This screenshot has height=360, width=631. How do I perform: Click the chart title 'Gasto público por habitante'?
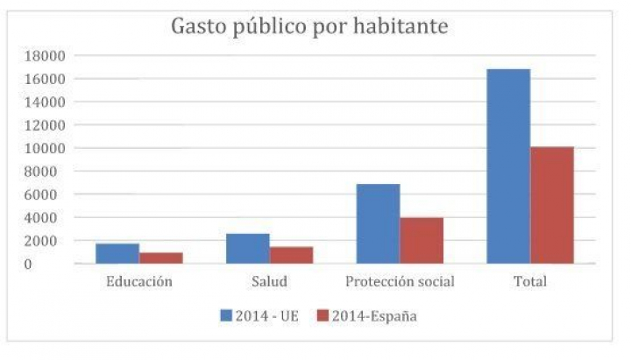coord(309,26)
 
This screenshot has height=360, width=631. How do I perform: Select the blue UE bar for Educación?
coord(117,253)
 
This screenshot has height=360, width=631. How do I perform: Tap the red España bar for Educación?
coord(161,258)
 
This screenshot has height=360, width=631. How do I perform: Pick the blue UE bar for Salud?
coord(248,248)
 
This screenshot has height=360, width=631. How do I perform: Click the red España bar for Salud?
coord(292,255)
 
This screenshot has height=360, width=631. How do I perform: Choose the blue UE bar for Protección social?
coord(379,223)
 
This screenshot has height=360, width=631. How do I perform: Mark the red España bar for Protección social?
coord(422,240)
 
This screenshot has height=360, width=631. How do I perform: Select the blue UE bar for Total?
coord(508,166)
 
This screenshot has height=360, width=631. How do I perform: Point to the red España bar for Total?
coord(552,205)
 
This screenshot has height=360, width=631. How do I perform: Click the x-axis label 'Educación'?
coord(139,282)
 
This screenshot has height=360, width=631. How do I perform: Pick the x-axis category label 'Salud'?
coord(270,282)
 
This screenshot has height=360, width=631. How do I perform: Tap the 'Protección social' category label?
coord(400,282)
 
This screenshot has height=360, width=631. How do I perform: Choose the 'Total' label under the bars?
coord(530,282)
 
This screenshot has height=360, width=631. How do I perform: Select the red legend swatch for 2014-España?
coord(322,315)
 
